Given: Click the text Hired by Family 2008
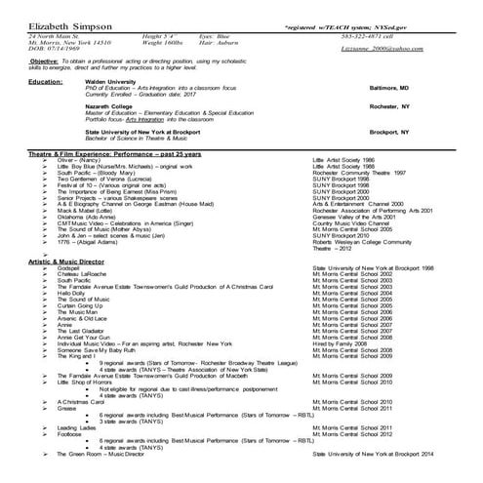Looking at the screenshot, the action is [x=341, y=372].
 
